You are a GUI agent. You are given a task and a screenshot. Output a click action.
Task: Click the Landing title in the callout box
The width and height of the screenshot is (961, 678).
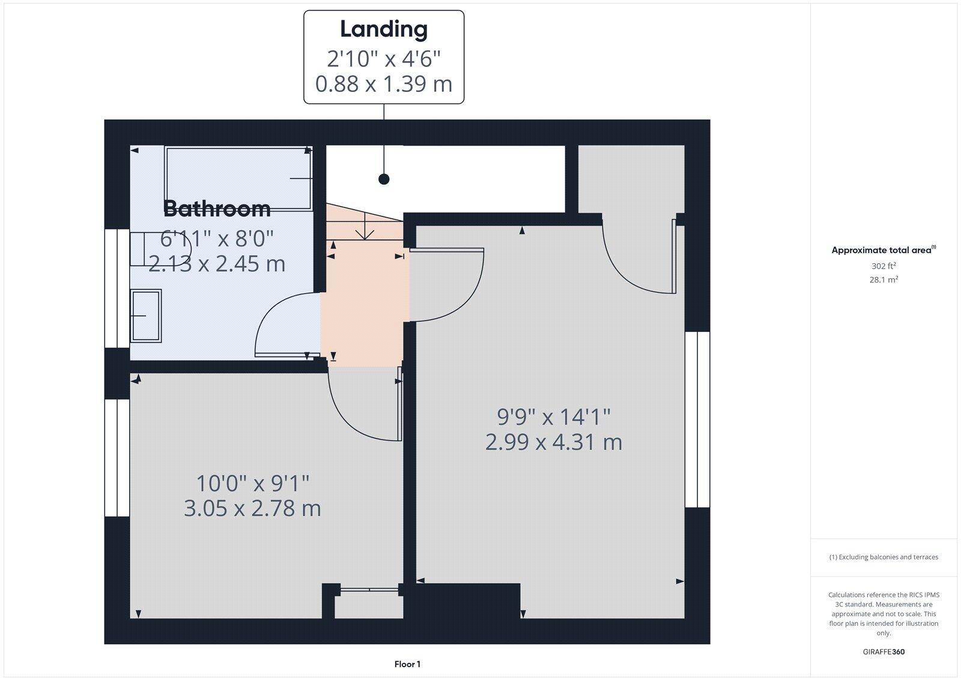(x=384, y=29)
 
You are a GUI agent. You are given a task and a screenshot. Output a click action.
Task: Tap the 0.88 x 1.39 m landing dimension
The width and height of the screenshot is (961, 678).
(x=384, y=84)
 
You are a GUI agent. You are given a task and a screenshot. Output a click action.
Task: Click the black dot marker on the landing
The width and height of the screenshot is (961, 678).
(x=384, y=179)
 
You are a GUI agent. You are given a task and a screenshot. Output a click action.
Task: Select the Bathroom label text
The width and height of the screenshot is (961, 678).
(x=217, y=209)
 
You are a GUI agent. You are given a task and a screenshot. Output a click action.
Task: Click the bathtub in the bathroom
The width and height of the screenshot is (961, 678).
(x=238, y=179)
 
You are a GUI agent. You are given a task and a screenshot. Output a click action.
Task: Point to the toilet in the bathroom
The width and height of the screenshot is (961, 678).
(x=160, y=249)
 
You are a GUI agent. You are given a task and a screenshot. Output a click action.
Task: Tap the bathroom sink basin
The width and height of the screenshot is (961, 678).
(x=147, y=316)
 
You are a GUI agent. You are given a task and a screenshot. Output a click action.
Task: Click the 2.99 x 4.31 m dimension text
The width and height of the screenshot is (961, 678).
(x=553, y=442)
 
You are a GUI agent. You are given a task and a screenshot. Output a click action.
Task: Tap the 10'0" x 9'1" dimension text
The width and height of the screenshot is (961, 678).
(x=253, y=483)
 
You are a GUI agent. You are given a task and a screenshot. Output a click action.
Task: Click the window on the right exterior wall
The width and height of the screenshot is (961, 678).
(x=697, y=419)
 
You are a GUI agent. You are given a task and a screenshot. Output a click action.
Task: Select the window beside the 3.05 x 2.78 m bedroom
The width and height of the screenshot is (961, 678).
(x=117, y=458)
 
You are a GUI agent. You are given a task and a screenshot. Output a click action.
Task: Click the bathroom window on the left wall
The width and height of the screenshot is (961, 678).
(x=117, y=288)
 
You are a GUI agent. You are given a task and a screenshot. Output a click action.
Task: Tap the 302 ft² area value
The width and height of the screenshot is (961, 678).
(x=884, y=266)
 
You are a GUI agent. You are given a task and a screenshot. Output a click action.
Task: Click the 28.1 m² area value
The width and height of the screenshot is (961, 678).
(x=884, y=279)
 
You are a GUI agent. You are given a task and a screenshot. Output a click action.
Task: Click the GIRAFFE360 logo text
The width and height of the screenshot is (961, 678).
(x=884, y=652)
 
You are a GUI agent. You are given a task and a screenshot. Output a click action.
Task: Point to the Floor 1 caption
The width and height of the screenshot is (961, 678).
(x=407, y=664)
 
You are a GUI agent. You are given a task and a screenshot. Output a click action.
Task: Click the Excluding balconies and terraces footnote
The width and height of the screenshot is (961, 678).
(x=884, y=557)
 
